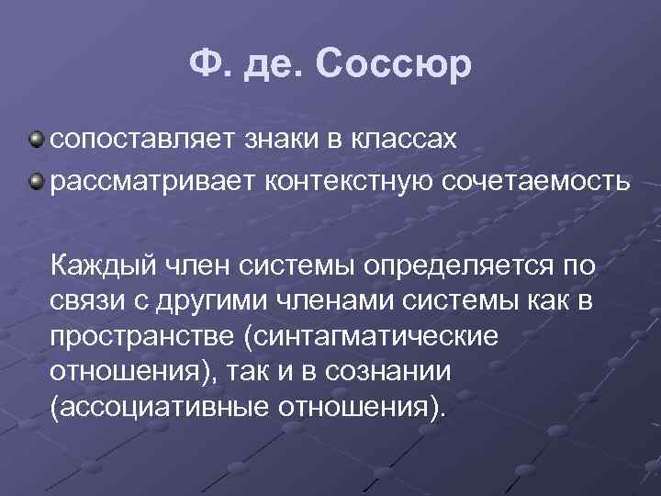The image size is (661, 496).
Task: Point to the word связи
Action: click(88, 301)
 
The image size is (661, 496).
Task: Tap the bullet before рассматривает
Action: click(34, 180)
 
